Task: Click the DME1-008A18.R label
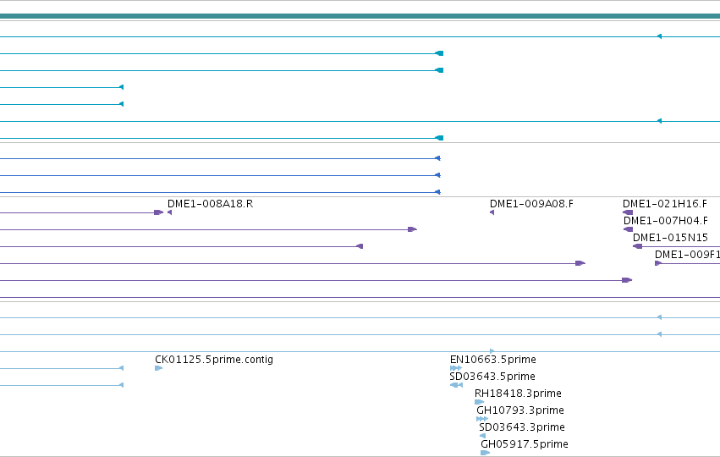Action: click(x=211, y=204)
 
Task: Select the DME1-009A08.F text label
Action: click(x=531, y=204)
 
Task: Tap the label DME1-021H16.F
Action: click(x=665, y=204)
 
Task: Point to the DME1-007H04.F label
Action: click(x=665, y=221)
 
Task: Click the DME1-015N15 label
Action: click(x=670, y=238)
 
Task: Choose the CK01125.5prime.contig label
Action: click(x=214, y=360)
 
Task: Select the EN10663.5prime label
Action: click(x=493, y=360)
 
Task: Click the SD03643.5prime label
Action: click(x=492, y=377)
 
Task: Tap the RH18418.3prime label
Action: click(x=518, y=394)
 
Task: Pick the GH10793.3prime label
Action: click(x=520, y=410)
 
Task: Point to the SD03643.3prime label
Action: click(x=522, y=427)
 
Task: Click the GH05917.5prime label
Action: click(x=525, y=444)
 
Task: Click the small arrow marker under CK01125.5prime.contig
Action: click(x=159, y=368)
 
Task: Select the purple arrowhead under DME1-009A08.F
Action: click(x=492, y=212)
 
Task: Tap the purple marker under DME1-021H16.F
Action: click(x=628, y=212)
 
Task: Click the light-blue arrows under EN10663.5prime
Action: click(x=456, y=368)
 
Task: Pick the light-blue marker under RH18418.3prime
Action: click(x=480, y=402)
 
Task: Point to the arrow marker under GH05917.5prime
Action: click(x=486, y=453)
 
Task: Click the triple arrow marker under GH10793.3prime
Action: click(x=482, y=419)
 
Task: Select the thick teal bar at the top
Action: click(x=360, y=17)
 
